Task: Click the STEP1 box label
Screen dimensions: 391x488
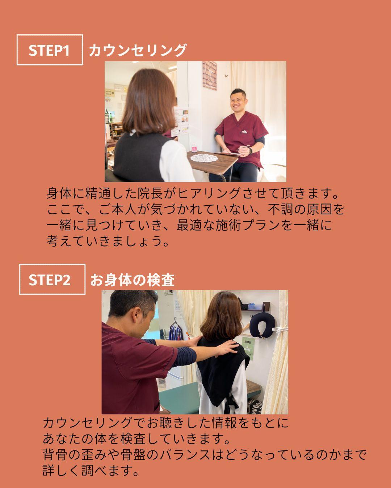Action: tap(50, 50)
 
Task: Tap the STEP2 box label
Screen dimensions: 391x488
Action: tap(52, 279)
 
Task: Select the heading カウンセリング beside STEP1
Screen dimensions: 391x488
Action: tap(138, 50)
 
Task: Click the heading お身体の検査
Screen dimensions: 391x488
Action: tap(133, 280)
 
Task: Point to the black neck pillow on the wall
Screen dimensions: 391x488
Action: tap(262, 325)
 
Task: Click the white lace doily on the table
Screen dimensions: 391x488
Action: tap(204, 158)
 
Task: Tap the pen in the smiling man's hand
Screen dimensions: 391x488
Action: tap(243, 148)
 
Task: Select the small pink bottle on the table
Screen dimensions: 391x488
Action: tap(194, 147)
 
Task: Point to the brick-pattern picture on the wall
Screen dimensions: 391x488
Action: tap(210, 76)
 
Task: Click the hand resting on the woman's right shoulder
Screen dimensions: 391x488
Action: tap(227, 347)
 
